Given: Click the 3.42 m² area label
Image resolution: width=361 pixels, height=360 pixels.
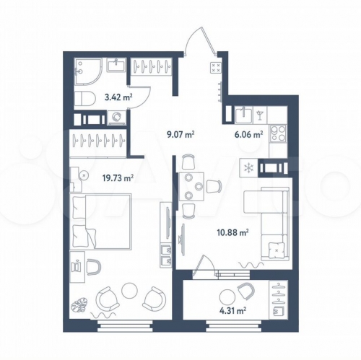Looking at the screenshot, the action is click(x=118, y=97).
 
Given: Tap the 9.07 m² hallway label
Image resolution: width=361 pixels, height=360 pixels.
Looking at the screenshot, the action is click(x=180, y=134).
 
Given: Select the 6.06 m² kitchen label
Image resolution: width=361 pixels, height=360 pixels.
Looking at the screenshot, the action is click(x=248, y=134).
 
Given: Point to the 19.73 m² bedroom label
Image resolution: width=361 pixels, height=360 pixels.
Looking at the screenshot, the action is click(x=118, y=178).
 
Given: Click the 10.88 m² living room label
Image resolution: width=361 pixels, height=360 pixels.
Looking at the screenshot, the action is click(x=232, y=232).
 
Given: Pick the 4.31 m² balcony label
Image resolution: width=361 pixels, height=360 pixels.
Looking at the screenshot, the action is click(x=232, y=311).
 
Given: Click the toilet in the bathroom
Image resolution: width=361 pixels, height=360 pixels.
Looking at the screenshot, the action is click(x=84, y=98).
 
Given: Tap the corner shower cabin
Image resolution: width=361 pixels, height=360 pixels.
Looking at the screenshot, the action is click(x=88, y=71).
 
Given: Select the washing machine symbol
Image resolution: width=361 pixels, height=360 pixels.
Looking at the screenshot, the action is click(x=117, y=118).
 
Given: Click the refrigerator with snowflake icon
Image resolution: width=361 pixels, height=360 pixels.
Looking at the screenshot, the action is click(x=248, y=167).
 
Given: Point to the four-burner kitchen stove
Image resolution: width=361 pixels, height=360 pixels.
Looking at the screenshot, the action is click(x=278, y=133).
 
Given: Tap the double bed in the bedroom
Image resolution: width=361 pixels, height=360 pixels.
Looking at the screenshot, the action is click(x=101, y=221).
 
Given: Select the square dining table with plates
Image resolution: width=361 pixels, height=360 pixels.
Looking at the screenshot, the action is click(x=191, y=187).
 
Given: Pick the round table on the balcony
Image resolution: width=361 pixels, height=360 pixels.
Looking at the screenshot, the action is click(x=227, y=297).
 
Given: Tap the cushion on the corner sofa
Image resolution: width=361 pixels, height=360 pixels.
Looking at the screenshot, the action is click(x=277, y=250).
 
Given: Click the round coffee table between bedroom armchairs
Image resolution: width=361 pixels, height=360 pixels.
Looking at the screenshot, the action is click(x=129, y=290).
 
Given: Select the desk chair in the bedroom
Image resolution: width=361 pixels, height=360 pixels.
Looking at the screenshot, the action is click(x=94, y=266).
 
